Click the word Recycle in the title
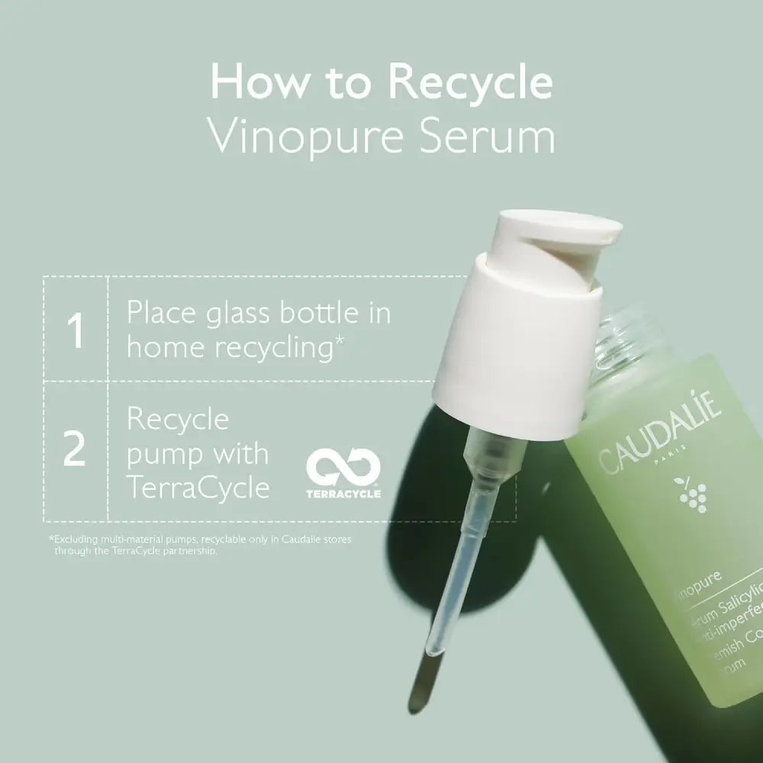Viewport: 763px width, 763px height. coord(465,83)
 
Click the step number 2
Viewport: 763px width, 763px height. coord(74,450)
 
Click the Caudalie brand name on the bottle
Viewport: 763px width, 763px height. coord(659,436)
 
